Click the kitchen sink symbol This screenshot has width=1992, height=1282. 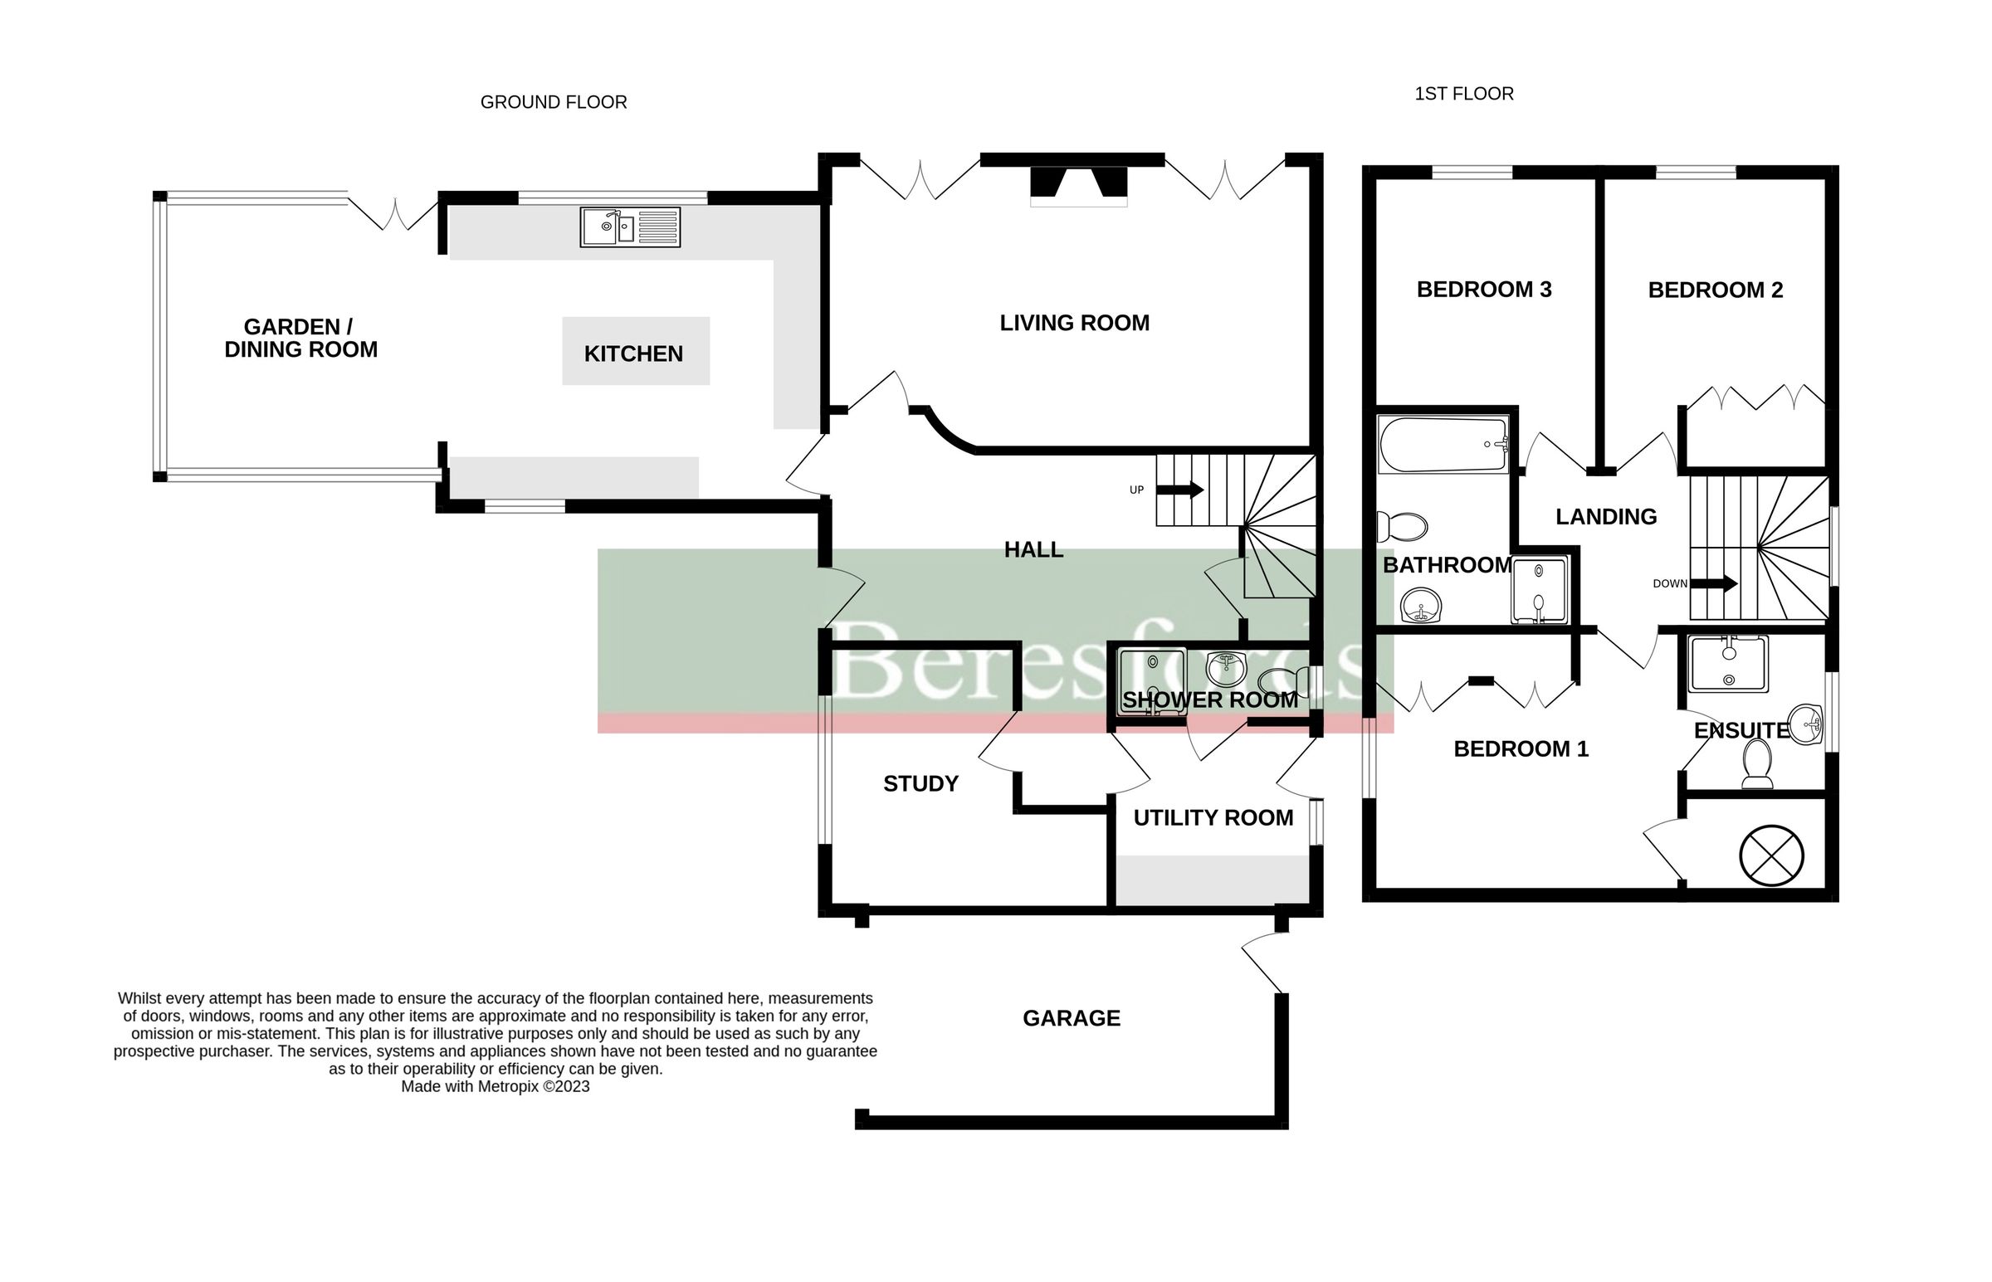629,227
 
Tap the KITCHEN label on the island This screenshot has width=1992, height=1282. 633,353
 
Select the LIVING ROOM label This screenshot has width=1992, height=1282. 1074,323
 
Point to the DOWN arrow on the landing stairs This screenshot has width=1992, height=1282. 1714,583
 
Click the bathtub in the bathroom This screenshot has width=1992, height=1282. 1443,445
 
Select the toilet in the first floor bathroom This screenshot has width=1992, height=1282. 1402,526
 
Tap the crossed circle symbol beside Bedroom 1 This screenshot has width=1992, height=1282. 1771,855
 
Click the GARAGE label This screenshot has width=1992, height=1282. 1072,1018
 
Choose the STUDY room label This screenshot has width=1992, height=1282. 920,783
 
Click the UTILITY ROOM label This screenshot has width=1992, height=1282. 1213,817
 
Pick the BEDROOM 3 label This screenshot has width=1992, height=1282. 1483,290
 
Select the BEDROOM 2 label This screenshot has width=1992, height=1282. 1715,290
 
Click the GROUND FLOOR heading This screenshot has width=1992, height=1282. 554,102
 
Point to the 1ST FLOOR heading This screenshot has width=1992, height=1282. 1463,94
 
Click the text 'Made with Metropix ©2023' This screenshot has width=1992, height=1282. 496,1086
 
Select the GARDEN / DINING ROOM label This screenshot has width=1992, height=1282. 300,338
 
